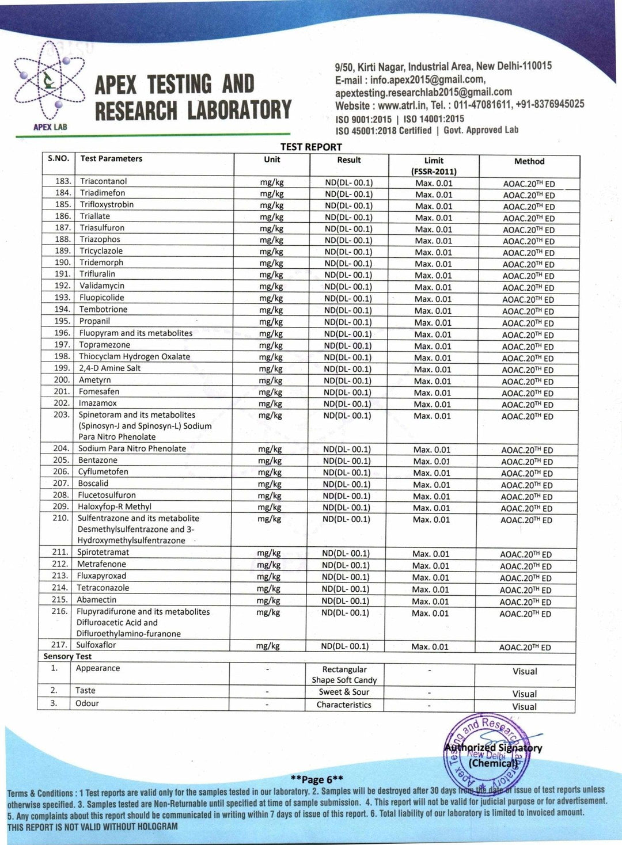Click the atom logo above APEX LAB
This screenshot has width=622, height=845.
pos(49,83)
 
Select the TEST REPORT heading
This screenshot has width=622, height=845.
pos(311,147)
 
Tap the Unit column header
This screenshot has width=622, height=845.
pos(272,159)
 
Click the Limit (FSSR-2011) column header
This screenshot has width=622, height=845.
pos(434,166)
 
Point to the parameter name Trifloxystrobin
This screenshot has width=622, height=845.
pos(107,204)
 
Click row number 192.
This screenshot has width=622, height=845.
pos(62,286)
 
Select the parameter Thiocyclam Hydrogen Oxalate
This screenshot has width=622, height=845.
pos(134,356)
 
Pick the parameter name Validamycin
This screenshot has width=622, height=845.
pos(102,286)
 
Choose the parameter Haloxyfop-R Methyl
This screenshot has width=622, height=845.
pos(115,507)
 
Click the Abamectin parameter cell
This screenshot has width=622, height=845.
pos(97,599)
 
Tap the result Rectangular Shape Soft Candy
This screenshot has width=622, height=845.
pos(344,675)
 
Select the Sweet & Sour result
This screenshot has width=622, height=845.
pos(344,692)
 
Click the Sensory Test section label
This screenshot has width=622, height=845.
pos(67,656)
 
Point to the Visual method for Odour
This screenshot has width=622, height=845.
pos(525,706)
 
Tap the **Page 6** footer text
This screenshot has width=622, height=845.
pos(317,779)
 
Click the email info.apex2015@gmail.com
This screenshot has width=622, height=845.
pos(427,80)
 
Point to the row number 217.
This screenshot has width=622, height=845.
pos(59,645)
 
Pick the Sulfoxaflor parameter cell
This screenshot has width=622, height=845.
pos(96,645)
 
